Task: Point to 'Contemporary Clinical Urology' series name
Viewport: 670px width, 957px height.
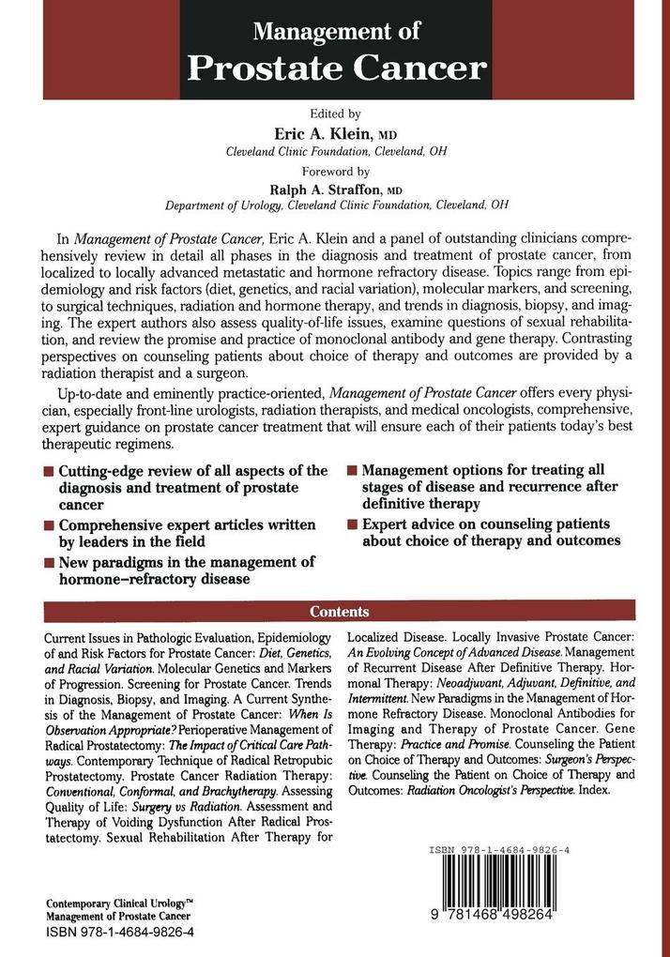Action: coord(119,904)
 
